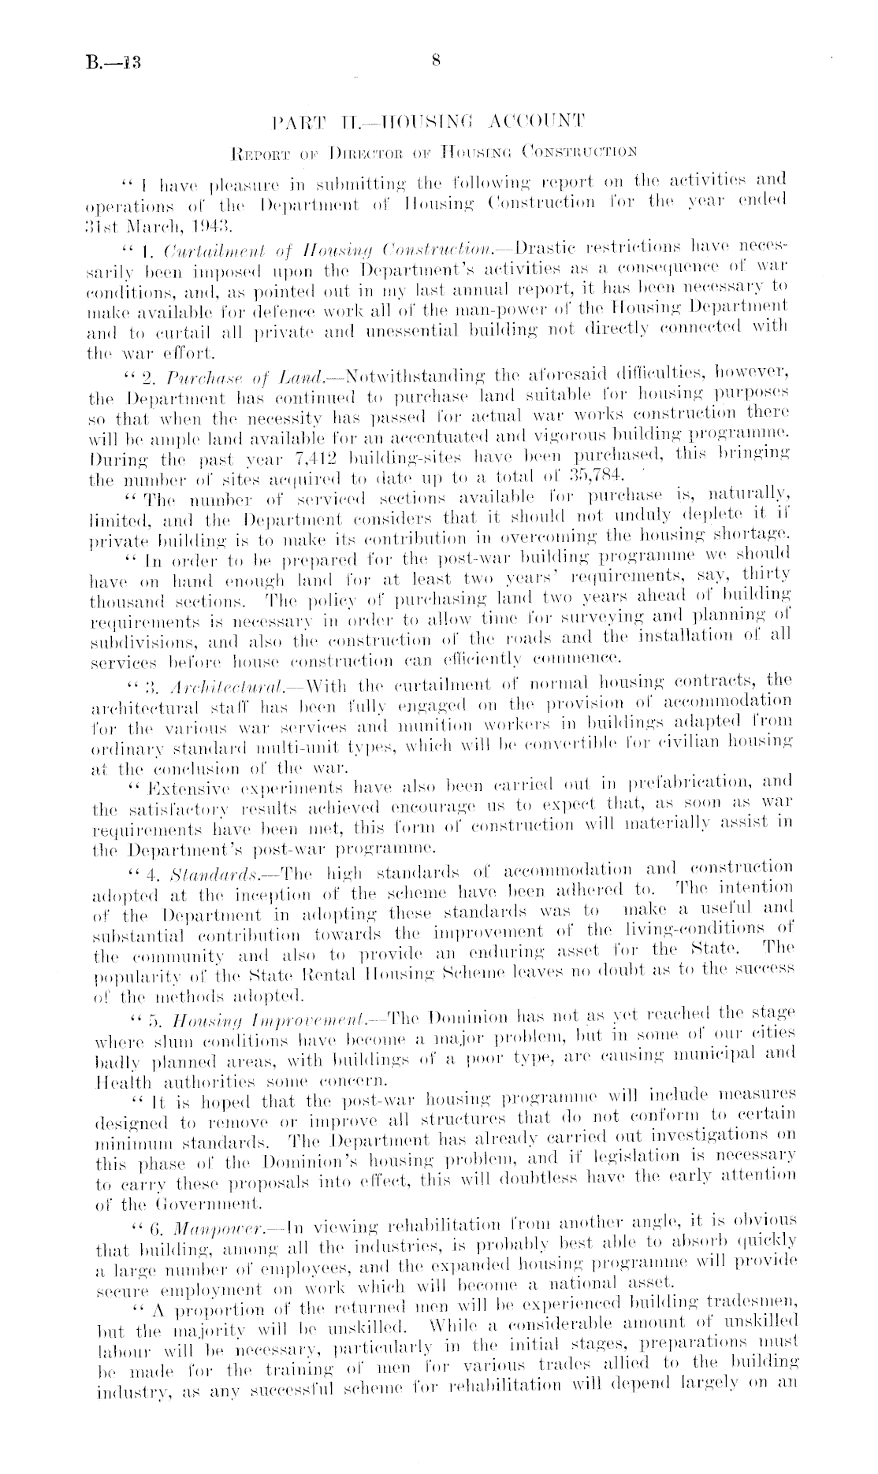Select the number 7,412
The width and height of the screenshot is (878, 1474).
324,455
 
